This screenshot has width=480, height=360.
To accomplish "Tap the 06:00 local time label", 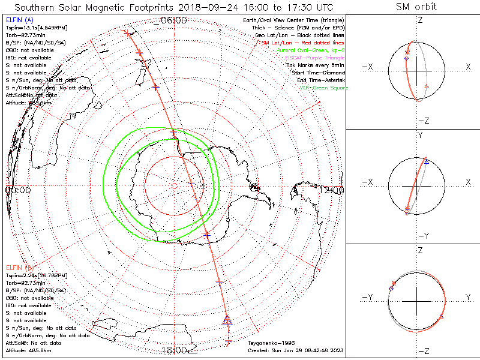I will coord(174,20).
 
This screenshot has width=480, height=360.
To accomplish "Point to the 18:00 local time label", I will coord(174,350).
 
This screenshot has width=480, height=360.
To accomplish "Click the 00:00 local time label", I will coord(17,190).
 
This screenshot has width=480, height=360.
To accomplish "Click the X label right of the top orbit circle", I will coord(468,67).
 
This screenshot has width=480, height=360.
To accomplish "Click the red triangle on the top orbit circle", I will coord(426,88).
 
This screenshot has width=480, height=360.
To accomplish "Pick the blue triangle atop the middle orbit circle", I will coord(426,162).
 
